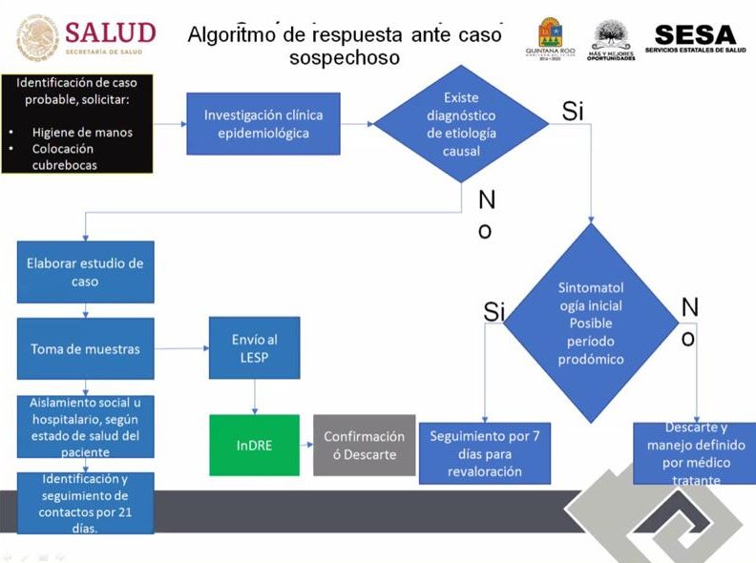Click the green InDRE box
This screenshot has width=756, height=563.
(x=254, y=445)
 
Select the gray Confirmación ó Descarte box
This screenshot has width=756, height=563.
(x=364, y=445)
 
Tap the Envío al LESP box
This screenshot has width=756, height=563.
(x=254, y=348)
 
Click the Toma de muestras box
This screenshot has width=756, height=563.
(x=85, y=349)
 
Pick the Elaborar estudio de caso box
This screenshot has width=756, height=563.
(x=85, y=272)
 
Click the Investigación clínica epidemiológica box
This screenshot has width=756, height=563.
(x=263, y=124)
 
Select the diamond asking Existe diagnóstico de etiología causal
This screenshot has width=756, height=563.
(x=461, y=124)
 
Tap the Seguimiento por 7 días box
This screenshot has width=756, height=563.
(x=484, y=453)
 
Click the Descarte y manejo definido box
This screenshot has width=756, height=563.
(x=694, y=453)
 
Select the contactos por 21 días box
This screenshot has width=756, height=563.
(x=85, y=502)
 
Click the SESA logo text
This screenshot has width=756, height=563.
(x=696, y=34)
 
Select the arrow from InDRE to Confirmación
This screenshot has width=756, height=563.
(x=305, y=445)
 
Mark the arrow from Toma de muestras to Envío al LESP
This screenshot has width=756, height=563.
(x=181, y=349)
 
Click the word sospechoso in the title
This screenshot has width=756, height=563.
(x=345, y=58)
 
